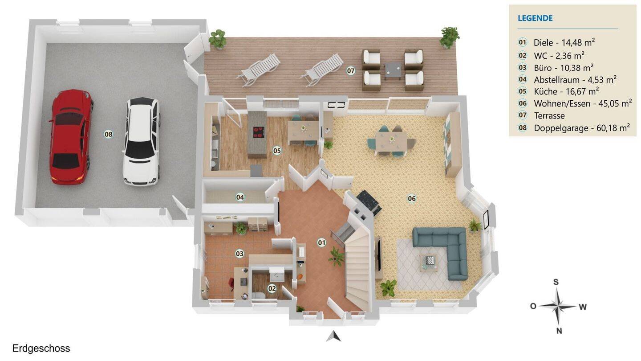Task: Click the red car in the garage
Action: (70, 137)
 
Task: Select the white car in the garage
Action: (142, 142)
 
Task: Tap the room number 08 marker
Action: (108, 134)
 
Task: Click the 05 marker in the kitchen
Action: (277, 151)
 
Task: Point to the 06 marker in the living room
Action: (411, 198)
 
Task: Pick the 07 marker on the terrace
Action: (351, 70)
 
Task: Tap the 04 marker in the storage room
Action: (240, 197)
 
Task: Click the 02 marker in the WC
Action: (272, 288)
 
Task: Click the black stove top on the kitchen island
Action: (258, 132)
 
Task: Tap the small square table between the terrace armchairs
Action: (393, 70)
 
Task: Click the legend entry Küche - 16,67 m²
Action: (566, 91)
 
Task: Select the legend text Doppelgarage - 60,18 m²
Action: (582, 128)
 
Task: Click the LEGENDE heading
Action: (535, 18)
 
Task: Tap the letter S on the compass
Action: (556, 282)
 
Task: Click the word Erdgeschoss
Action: (41, 349)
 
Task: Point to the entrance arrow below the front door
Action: (334, 336)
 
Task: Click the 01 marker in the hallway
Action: (322, 243)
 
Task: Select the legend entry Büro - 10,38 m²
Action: (564, 68)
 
